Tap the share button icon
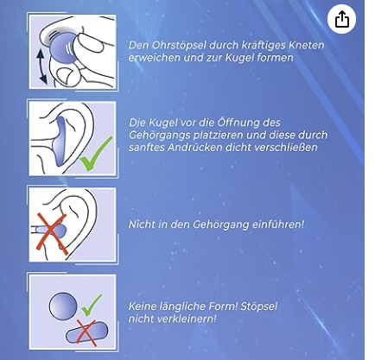tap(341, 19)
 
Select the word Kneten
tap(307, 45)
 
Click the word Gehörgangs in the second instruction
tap(159, 135)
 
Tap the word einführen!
tap(278, 224)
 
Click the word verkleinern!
tap(183, 319)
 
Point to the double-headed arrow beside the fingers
tap(41, 66)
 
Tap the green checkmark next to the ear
tap(95, 155)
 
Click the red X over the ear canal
tap(52, 234)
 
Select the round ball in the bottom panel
tap(63, 306)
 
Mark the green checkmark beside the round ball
tap(92, 305)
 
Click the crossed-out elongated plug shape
tap(87, 332)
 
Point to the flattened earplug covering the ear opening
tap(62, 142)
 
